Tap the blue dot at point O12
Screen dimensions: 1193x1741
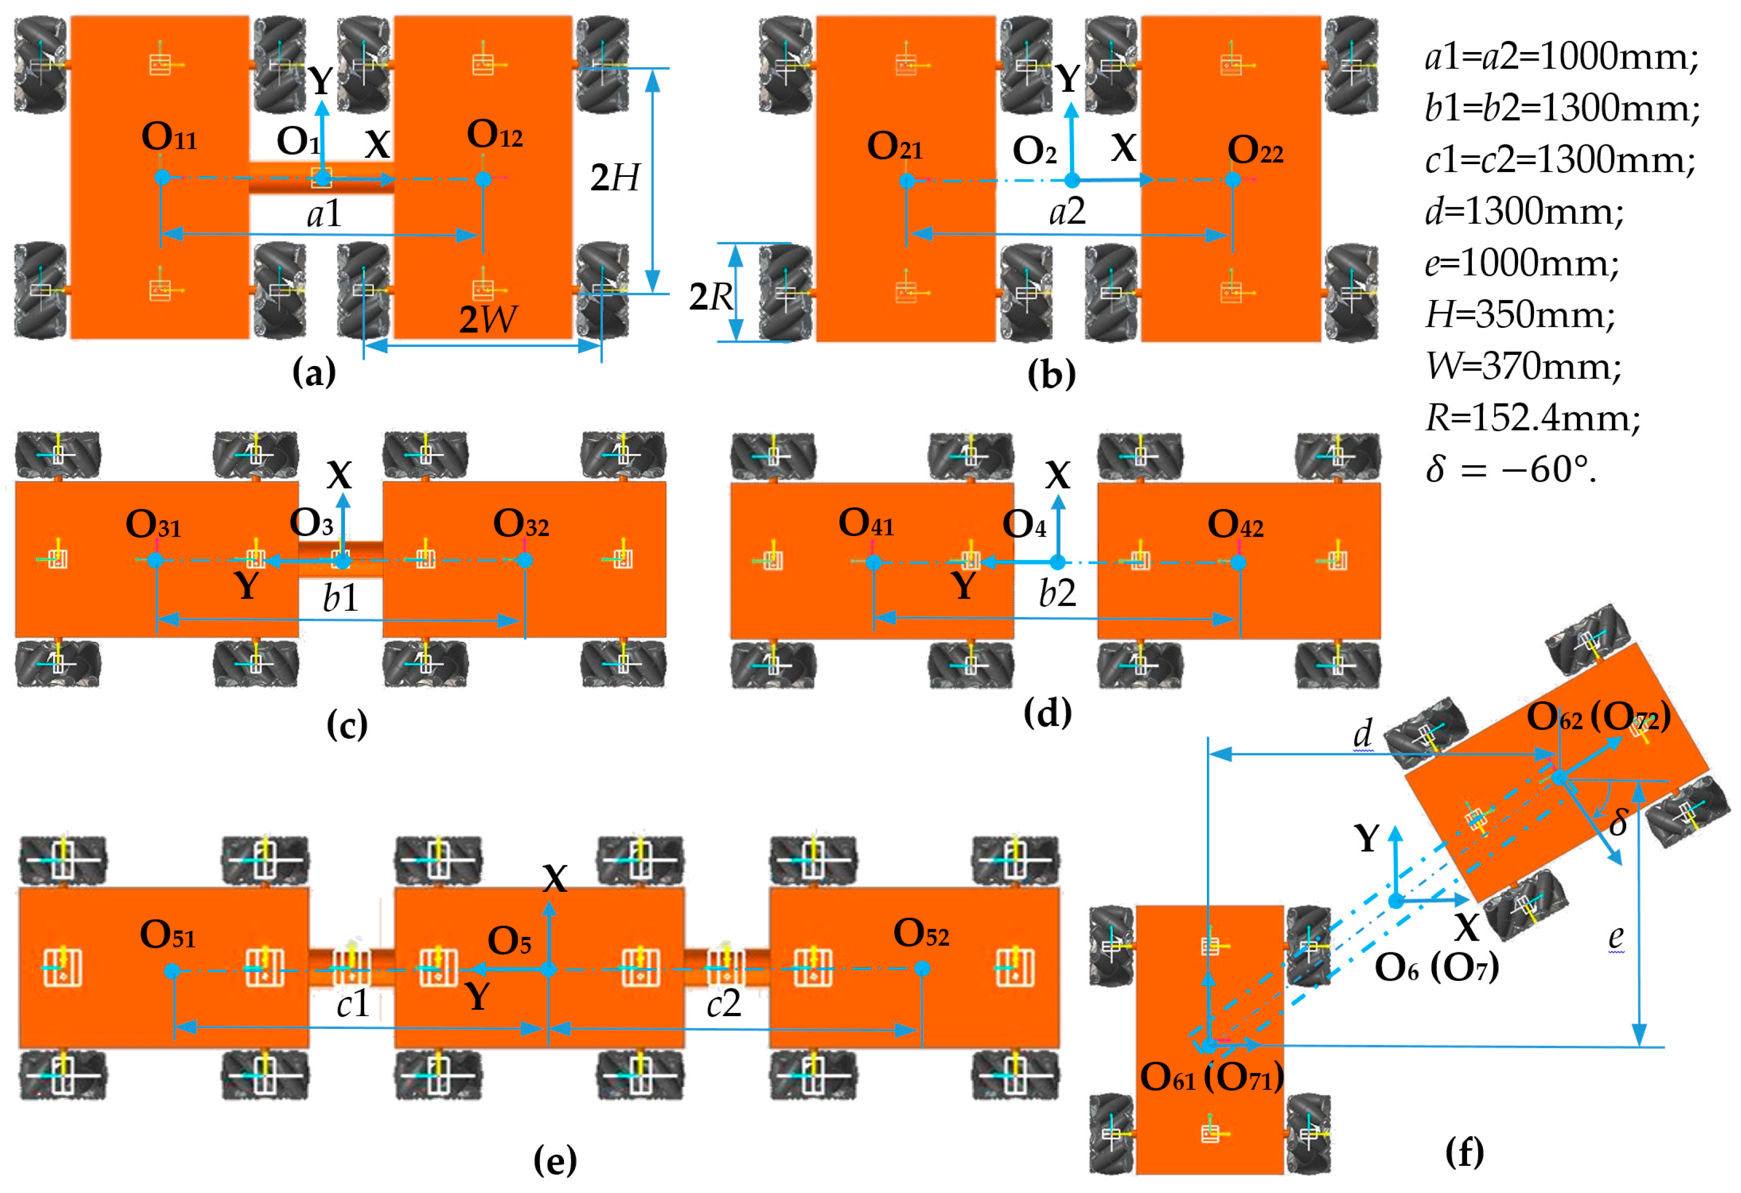pyautogui.click(x=483, y=179)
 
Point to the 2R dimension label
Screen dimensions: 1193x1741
pyautogui.click(x=710, y=297)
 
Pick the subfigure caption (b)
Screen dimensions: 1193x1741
pyautogui.click(x=1051, y=373)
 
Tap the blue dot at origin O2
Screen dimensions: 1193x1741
pyautogui.click(x=1072, y=180)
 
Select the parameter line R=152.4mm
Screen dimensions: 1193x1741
pyautogui.click(x=1532, y=417)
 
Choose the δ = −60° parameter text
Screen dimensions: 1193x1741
pyautogui.click(x=1511, y=470)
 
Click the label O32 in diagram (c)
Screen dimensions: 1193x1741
pyautogui.click(x=521, y=523)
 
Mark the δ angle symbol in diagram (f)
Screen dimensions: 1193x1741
pyautogui.click(x=1618, y=823)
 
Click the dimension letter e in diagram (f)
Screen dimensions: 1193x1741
pyautogui.click(x=1616, y=936)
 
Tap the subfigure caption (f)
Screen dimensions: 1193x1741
pyautogui.click(x=1464, y=1152)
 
